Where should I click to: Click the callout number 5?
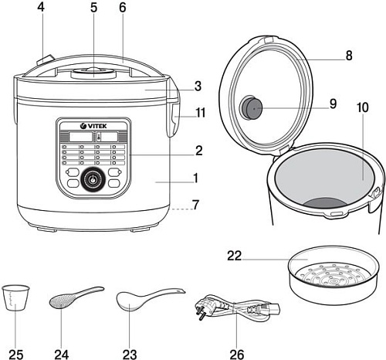pyautogui.click(x=94, y=9)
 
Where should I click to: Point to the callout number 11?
pyautogui.click(x=201, y=113)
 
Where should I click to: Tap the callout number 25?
pyautogui.click(x=16, y=353)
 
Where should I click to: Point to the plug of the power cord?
pyautogui.click(x=205, y=307)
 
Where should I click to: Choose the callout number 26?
pyautogui.click(x=237, y=353)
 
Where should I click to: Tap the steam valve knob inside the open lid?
pyautogui.click(x=251, y=108)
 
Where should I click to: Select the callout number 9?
pyautogui.click(x=333, y=104)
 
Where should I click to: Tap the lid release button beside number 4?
pyautogui.click(x=45, y=59)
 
